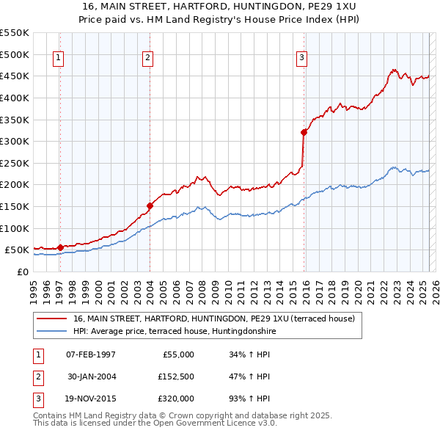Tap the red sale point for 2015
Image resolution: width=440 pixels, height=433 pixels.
click(x=304, y=133)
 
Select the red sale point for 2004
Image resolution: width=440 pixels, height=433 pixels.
click(x=150, y=205)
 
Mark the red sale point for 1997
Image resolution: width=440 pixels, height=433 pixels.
click(x=60, y=247)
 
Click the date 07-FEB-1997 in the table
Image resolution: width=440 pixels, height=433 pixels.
click(x=91, y=354)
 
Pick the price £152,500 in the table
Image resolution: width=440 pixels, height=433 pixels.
click(x=175, y=376)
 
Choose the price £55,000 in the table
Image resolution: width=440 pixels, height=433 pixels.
click(x=177, y=354)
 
